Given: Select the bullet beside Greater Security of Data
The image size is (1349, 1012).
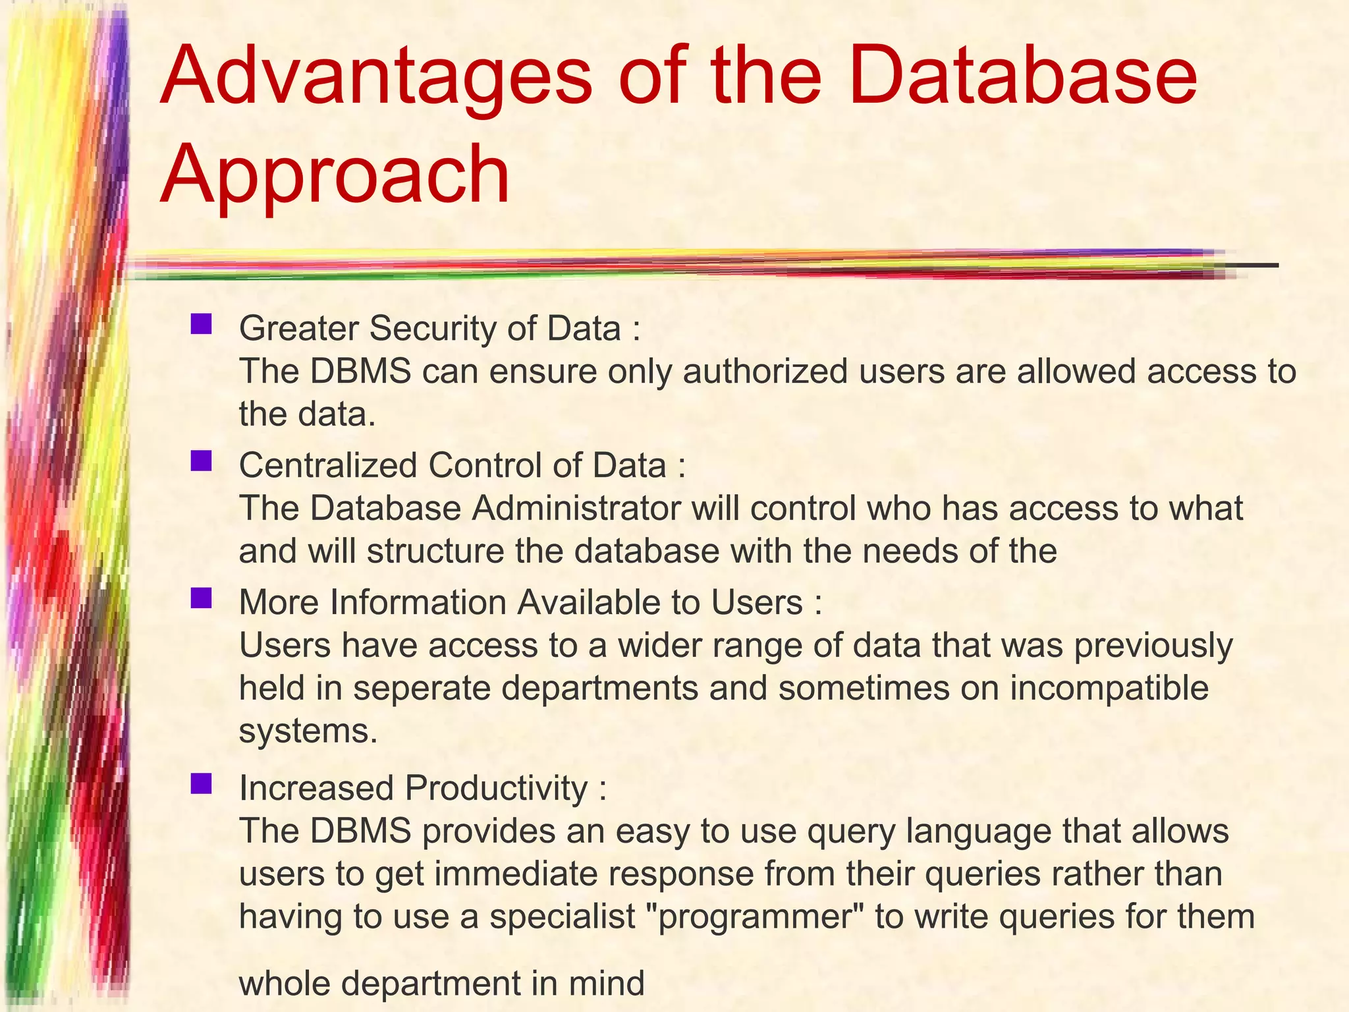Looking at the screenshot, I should click(201, 324).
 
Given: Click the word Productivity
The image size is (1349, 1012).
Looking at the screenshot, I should click(496, 788).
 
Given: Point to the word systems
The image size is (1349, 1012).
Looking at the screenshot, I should click(308, 731).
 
